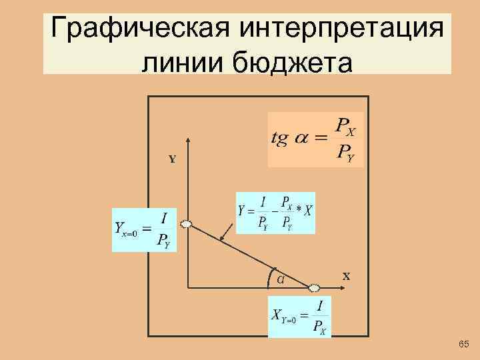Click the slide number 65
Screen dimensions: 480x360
pyautogui.click(x=464, y=344)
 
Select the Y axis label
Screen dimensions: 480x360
pyautogui.click(x=172, y=160)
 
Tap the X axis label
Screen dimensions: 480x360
pyautogui.click(x=346, y=275)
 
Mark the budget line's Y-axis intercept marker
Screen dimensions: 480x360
pyautogui.click(x=186, y=224)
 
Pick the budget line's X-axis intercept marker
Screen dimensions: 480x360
pyautogui.click(x=315, y=288)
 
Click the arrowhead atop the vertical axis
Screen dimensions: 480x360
pyautogui.click(x=189, y=141)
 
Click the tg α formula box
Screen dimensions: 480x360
pyautogui.click(x=315, y=139)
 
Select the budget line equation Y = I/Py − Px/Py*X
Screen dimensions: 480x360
pyautogui.click(x=275, y=212)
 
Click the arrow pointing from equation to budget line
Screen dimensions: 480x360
pyautogui.click(x=228, y=235)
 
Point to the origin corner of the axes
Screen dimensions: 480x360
pyautogui.click(x=189, y=287)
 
